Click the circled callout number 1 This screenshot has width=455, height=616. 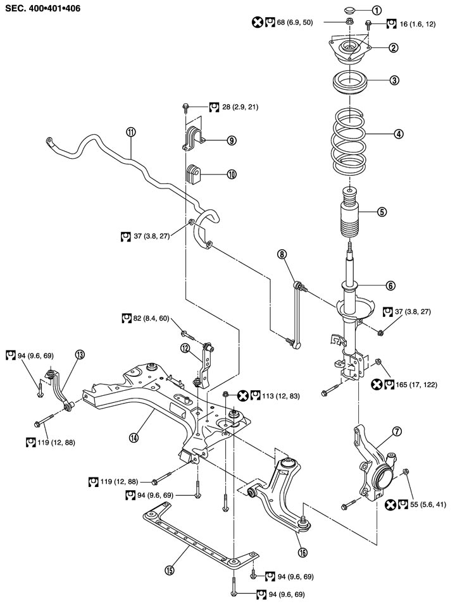pos(376,9)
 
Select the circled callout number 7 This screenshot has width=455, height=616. pos(397,431)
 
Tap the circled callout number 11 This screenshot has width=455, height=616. pos(131,132)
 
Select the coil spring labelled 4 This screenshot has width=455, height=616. pos(351,142)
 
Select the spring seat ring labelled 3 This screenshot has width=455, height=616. pos(351,83)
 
